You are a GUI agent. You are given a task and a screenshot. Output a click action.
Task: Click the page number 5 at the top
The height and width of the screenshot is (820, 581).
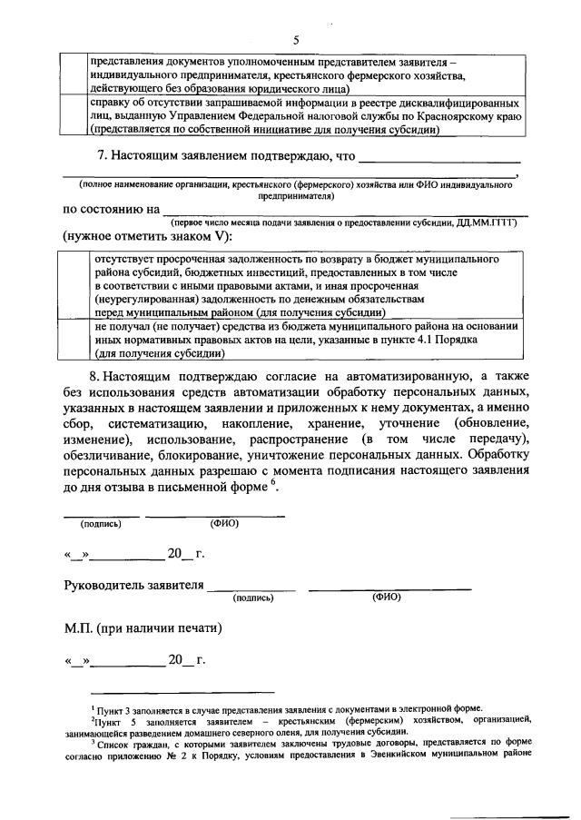pyautogui.click(x=296, y=40)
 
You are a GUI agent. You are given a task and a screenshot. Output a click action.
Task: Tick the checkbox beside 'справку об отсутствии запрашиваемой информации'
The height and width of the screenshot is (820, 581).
pyautogui.click(x=74, y=116)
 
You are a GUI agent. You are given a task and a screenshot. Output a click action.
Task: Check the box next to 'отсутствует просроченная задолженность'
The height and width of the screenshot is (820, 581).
pyautogui.click(x=74, y=284)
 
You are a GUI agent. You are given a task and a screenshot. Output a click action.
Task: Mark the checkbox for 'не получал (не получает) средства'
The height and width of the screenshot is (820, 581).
pyautogui.click(x=74, y=340)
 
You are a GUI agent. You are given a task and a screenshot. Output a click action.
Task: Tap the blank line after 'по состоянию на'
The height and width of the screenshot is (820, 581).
pyautogui.click(x=345, y=210)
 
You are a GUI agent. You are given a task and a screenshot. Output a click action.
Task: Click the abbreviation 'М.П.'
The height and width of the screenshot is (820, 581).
pyautogui.click(x=80, y=627)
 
